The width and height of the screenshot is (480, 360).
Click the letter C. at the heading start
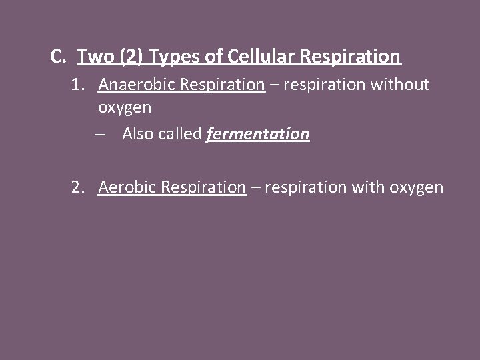pyautogui.click(x=58, y=57)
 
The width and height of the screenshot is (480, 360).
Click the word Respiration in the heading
pyautogui.click(x=351, y=57)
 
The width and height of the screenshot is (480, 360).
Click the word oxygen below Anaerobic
pyautogui.click(x=125, y=107)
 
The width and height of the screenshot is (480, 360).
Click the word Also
pyautogui.click(x=138, y=134)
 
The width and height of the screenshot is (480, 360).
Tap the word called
pyautogui.click(x=180, y=134)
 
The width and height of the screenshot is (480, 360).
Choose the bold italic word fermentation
pyautogui.click(x=258, y=134)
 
